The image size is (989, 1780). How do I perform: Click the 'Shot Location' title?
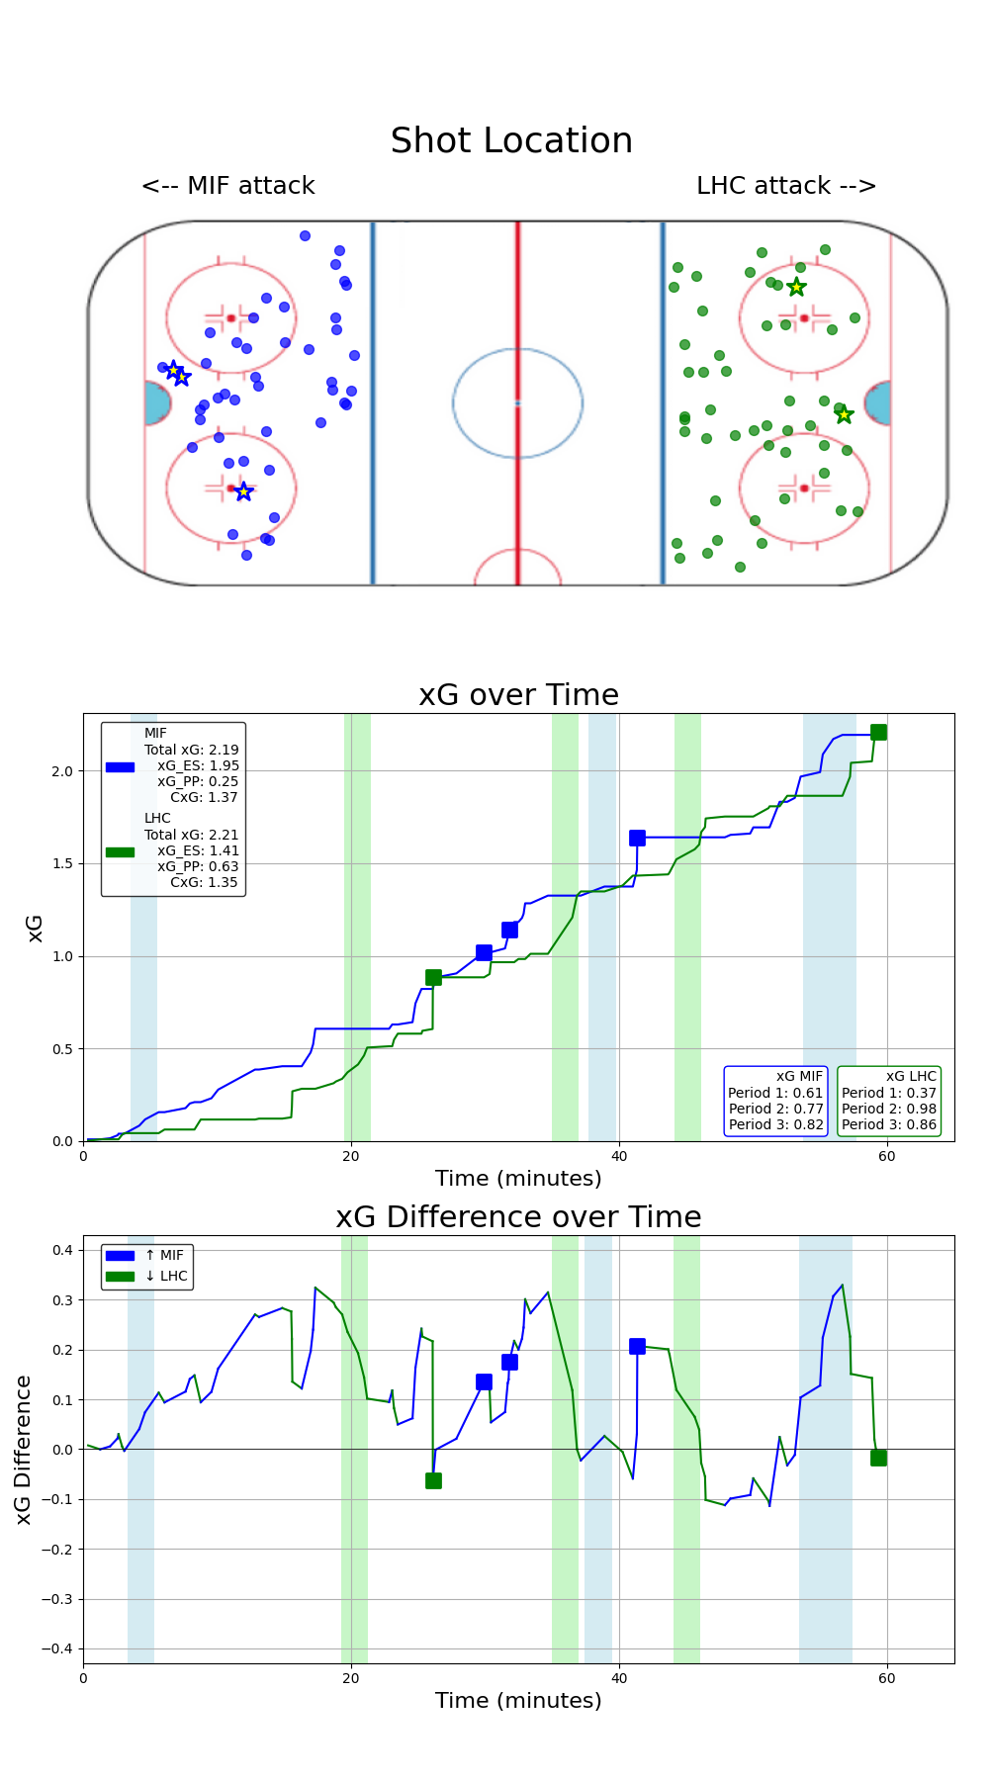click(x=511, y=141)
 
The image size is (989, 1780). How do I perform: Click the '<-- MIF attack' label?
click(x=228, y=186)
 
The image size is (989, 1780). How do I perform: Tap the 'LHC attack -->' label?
click(x=786, y=186)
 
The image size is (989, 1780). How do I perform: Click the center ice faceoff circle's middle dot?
click(x=517, y=402)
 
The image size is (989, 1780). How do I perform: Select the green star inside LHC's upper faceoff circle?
click(x=796, y=287)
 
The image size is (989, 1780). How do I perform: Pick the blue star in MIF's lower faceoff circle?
click(x=243, y=491)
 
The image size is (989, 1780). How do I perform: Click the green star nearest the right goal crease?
click(x=844, y=414)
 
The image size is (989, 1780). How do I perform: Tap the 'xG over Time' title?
click(x=518, y=695)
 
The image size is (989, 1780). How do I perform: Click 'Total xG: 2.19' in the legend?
click(x=192, y=750)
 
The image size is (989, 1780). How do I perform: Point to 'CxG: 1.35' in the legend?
click(x=204, y=882)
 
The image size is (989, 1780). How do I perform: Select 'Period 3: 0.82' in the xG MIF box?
click(x=775, y=1124)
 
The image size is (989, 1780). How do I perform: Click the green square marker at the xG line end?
click(x=878, y=732)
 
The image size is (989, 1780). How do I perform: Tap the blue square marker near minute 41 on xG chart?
click(x=637, y=838)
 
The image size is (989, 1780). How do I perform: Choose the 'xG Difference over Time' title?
click(x=518, y=1217)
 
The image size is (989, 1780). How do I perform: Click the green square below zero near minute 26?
click(x=433, y=1480)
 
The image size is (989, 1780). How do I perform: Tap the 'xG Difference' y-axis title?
click(x=25, y=1449)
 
